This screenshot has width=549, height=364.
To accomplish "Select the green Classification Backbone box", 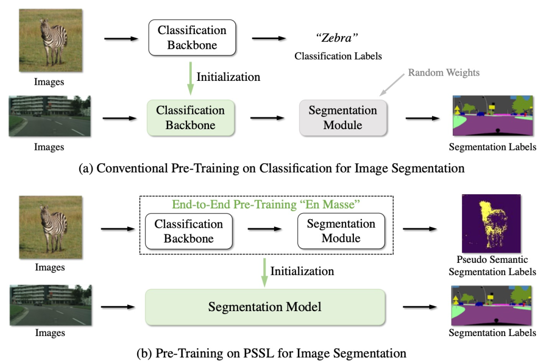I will tap(190, 117).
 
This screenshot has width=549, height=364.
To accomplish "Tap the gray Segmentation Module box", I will tap(343, 117).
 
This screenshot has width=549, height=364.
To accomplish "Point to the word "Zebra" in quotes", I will tap(338, 38).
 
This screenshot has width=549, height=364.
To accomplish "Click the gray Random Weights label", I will tap(443, 73).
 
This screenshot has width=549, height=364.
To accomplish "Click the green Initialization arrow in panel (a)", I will tap(190, 78).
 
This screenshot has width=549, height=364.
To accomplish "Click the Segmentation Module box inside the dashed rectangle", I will tap(341, 231).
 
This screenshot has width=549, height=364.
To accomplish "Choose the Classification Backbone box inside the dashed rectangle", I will tap(189, 231).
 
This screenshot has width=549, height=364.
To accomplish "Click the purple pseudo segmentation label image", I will tap(491, 224).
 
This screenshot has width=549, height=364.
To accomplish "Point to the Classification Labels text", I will tap(338, 56).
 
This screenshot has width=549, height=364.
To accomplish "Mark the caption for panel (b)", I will tap(271, 352).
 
